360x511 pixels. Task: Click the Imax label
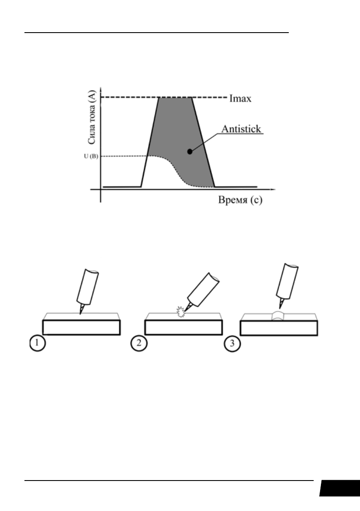coord(240,99)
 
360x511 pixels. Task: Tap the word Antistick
coord(242,129)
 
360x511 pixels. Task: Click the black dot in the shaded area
coord(190,151)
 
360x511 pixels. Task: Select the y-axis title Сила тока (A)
coord(91,121)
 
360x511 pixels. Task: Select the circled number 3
coord(232,344)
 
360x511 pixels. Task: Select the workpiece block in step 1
coord(81,327)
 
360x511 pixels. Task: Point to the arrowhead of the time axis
coord(274,189)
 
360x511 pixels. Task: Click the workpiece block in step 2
coord(183,327)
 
